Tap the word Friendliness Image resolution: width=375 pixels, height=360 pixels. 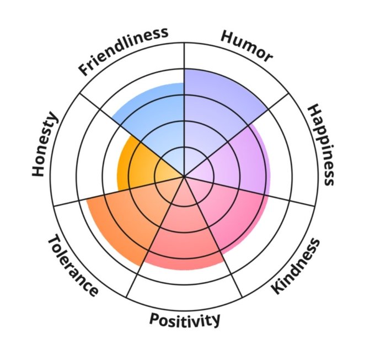pyautogui.click(x=122, y=50)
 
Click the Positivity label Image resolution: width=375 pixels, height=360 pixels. pyautogui.click(x=185, y=319)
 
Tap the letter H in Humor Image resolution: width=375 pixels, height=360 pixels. pyautogui.click(x=228, y=36)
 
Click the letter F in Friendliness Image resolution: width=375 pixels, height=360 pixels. pyautogui.click(x=84, y=70)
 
